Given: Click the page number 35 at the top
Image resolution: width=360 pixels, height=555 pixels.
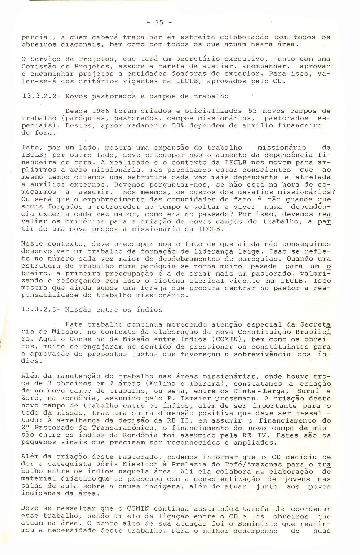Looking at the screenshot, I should [159, 22].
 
